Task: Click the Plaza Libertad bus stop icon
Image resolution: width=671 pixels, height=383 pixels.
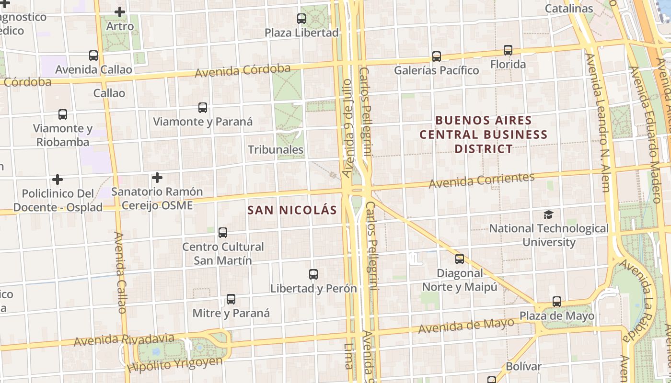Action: tap(301, 19)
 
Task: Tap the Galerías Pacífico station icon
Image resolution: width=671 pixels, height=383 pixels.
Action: tap(436, 56)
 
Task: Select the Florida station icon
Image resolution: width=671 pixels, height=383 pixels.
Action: tap(508, 50)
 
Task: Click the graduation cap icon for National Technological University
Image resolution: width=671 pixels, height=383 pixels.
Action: tap(548, 214)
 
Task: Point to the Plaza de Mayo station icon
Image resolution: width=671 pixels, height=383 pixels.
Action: tap(556, 302)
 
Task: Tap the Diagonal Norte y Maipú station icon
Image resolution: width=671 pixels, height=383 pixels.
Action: tap(460, 259)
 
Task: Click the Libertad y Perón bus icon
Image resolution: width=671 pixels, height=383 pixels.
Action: tap(313, 274)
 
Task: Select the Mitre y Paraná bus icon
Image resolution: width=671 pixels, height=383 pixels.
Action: tap(231, 299)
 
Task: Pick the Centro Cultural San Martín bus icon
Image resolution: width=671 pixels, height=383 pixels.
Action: tap(223, 233)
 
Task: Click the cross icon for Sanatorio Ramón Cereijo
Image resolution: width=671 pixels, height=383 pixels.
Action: tap(157, 178)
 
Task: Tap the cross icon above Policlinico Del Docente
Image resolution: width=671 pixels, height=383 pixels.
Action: tap(58, 180)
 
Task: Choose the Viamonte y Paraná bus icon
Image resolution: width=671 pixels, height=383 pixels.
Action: tap(203, 108)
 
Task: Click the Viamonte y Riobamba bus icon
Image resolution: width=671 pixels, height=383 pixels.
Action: tap(63, 114)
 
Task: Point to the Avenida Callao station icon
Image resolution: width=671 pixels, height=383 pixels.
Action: tap(93, 56)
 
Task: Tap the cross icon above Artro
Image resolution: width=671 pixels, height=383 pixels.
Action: tap(120, 12)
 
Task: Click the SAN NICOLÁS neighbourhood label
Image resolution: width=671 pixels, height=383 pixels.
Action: tap(292, 210)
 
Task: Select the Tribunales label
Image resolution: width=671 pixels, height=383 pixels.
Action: tap(276, 149)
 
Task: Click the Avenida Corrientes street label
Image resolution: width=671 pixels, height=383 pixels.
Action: tap(481, 180)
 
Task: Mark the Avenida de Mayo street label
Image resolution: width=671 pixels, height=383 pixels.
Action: tap(466, 326)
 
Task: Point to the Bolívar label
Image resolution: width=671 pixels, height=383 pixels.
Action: tap(523, 367)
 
